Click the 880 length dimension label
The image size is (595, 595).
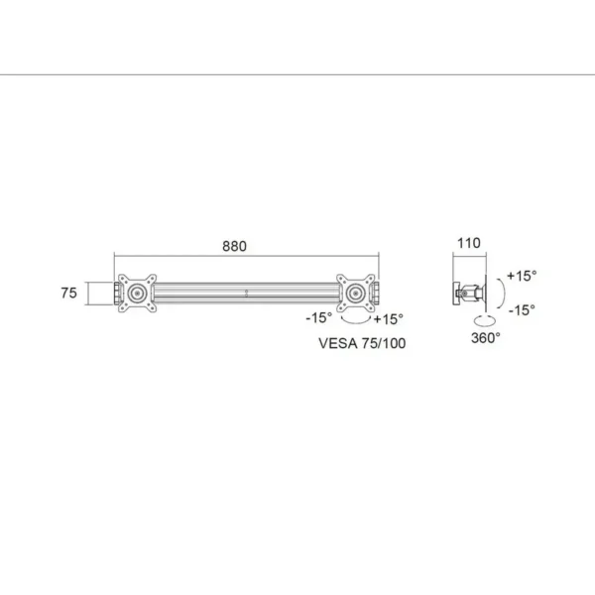[x=234, y=246]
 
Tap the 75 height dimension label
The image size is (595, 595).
[x=68, y=293]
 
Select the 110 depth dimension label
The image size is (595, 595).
[x=469, y=243]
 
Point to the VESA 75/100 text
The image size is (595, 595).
[x=362, y=343]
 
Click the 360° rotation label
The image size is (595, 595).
[x=486, y=338]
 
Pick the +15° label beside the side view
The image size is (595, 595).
[x=522, y=276]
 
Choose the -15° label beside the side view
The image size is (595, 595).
[x=522, y=310]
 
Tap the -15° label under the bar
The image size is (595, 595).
[x=318, y=318]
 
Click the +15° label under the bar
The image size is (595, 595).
[x=388, y=319]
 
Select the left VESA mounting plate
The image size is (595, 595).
[x=137, y=294]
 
